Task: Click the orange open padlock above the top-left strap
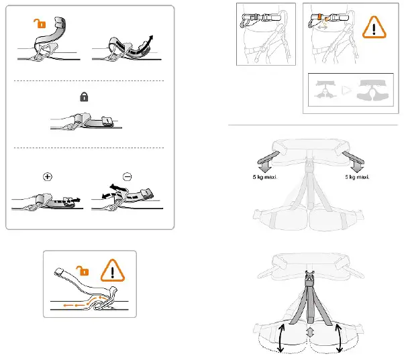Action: [40, 25]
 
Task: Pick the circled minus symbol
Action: [128, 177]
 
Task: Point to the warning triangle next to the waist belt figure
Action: [372, 30]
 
